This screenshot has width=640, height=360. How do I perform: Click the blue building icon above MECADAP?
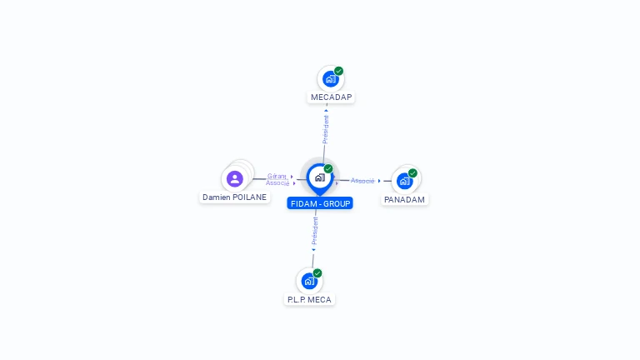[330, 79]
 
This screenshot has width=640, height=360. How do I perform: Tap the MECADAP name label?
[332, 97]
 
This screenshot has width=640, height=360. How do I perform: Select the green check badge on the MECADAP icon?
[338, 71]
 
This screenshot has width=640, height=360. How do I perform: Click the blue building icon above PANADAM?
[404, 181]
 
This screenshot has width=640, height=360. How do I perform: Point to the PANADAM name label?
[405, 200]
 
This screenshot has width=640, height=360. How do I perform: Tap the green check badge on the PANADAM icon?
[412, 173]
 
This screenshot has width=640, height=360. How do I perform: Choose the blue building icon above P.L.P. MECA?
[309, 281]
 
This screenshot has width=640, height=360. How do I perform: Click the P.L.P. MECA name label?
[309, 300]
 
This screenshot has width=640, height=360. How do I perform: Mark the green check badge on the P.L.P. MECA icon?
[317, 273]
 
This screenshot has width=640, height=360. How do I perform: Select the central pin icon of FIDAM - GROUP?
[319, 177]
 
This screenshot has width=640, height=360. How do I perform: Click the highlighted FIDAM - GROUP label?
[320, 203]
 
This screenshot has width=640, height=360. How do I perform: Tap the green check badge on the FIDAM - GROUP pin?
[328, 169]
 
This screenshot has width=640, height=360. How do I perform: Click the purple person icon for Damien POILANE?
[235, 178]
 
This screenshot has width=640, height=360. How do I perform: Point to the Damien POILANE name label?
[234, 197]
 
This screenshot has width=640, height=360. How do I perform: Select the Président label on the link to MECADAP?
[326, 129]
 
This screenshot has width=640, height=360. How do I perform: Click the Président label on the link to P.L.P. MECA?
[315, 230]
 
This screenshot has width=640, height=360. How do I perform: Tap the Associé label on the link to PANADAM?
[362, 181]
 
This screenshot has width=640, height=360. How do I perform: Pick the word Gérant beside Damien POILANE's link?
[277, 176]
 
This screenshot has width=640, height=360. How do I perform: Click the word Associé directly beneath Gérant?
[277, 182]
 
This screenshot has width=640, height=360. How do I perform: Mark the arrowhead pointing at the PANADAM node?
[379, 181]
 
